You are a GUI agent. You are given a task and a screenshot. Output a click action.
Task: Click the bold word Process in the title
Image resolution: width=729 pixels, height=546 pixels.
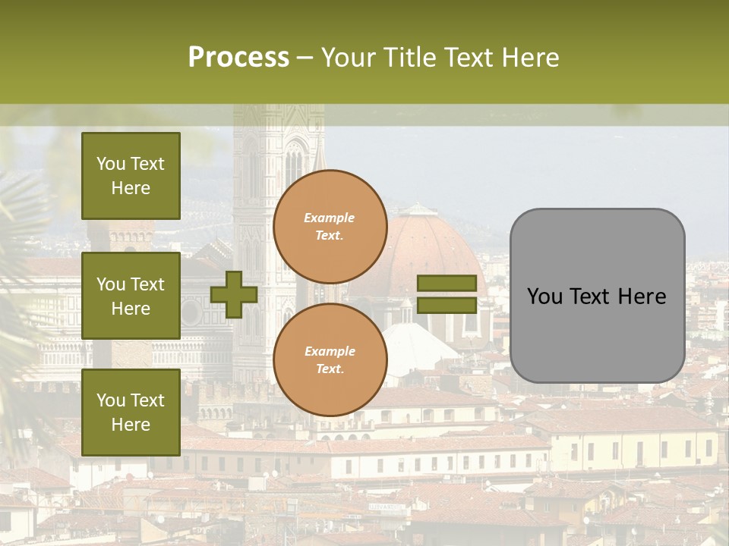238,57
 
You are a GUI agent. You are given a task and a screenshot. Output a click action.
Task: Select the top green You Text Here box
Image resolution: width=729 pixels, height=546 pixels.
131,176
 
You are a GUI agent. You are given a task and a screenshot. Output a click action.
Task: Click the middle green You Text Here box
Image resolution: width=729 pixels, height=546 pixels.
131,296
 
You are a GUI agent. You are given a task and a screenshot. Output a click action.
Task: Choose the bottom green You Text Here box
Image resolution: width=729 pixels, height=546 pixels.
131,413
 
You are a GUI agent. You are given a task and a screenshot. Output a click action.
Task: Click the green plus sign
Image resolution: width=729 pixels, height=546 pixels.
234,295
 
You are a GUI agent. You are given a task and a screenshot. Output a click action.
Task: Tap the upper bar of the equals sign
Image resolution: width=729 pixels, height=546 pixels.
447,284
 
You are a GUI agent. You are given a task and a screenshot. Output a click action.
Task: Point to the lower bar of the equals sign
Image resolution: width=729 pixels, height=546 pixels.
447,306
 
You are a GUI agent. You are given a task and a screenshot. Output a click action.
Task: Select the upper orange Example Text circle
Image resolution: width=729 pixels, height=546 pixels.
330,226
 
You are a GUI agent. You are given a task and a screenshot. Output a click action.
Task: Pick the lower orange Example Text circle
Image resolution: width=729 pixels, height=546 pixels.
330,359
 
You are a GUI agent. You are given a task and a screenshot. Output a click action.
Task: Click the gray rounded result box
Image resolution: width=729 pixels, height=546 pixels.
597,296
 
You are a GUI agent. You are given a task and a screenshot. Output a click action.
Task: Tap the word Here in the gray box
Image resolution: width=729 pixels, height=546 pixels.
642,297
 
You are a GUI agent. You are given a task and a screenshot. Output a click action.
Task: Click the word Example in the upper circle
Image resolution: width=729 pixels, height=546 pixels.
330,218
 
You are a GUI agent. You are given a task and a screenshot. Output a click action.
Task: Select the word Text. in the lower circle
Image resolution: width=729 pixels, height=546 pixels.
330,369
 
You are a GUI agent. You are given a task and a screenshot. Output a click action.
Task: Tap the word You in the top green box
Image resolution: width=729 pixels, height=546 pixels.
111,164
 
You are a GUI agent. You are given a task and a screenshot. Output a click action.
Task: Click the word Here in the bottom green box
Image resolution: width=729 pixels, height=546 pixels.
131,425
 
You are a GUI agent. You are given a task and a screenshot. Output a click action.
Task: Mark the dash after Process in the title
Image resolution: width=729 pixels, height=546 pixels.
305,57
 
